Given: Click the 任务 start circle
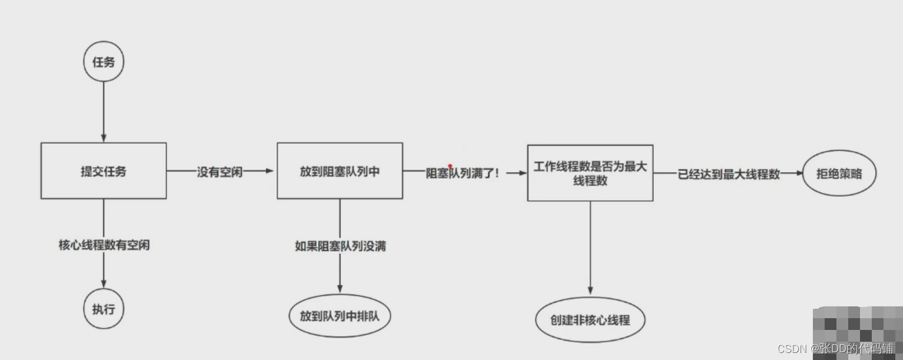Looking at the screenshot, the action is tap(104, 61).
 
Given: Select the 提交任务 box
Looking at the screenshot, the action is tap(104, 171).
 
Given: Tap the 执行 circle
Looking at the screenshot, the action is tap(104, 308).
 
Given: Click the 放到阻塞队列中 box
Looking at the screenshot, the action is tap(340, 171).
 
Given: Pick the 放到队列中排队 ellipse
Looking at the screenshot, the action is tap(340, 316).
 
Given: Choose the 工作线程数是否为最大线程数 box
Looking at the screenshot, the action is tap(590, 173).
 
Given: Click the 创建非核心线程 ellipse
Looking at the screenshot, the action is tap(590, 321).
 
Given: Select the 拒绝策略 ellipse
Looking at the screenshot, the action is tap(839, 173).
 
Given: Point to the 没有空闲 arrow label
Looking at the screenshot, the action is tap(220, 172).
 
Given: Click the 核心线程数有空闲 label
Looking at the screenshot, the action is tap(104, 245).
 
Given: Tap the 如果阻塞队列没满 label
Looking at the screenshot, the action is tap(340, 246).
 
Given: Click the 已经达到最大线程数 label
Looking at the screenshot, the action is tap(729, 174).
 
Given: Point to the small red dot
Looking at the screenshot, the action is tap(450, 166).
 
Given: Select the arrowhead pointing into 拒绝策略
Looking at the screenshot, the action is tap(799, 173).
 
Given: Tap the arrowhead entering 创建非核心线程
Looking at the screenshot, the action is tap(590, 291).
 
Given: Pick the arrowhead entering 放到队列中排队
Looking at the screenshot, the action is tap(340, 289).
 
